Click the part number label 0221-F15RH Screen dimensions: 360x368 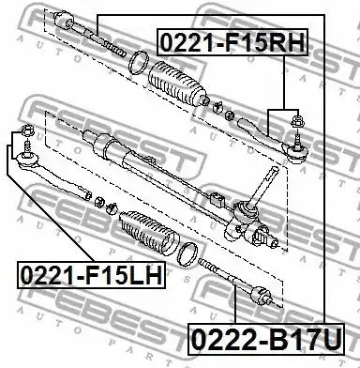(x=233, y=42)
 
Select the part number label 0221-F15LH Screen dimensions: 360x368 (x=92, y=274)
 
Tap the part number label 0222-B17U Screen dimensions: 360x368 (x=266, y=340)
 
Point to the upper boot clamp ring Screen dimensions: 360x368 (x=138, y=63)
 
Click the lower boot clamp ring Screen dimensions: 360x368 (x=187, y=254)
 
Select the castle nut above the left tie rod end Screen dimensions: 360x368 (x=28, y=130)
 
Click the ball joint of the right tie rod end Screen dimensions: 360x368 (x=297, y=152)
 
